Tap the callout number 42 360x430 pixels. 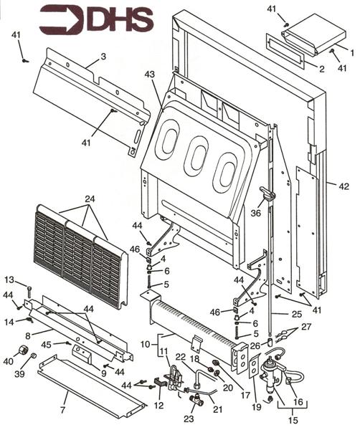(342, 186)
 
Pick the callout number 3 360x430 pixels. (103, 55)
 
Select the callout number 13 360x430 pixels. (9, 279)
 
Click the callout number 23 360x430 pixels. (189, 419)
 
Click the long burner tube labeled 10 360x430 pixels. (194, 326)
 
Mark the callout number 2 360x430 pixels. (321, 69)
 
